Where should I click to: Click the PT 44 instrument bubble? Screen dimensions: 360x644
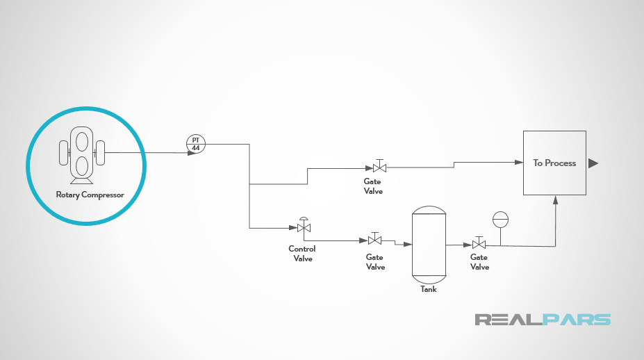(196, 144)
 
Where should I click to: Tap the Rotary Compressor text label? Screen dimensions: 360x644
(90, 195)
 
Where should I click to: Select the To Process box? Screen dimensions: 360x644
(554, 163)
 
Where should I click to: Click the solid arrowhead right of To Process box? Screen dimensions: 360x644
(593, 163)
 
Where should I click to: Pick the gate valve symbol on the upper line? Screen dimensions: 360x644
(379, 167)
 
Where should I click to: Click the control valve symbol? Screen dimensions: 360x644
(304, 227)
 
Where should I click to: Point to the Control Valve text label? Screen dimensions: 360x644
(302, 254)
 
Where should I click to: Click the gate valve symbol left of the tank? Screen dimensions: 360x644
(374, 240)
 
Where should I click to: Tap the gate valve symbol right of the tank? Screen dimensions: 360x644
(479, 244)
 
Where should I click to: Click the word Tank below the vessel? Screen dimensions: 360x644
(429, 289)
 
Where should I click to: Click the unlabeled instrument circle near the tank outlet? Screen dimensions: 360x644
(500, 220)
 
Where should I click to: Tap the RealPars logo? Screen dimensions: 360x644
(543, 320)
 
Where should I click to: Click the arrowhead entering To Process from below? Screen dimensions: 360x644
(555, 199)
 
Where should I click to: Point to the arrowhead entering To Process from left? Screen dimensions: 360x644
(519, 163)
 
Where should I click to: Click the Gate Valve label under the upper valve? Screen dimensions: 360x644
(373, 186)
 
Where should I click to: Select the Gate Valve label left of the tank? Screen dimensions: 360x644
(375, 262)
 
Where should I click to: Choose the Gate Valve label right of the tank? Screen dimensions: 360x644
(479, 262)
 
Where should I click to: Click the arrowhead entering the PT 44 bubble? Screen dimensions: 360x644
(191, 152)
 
